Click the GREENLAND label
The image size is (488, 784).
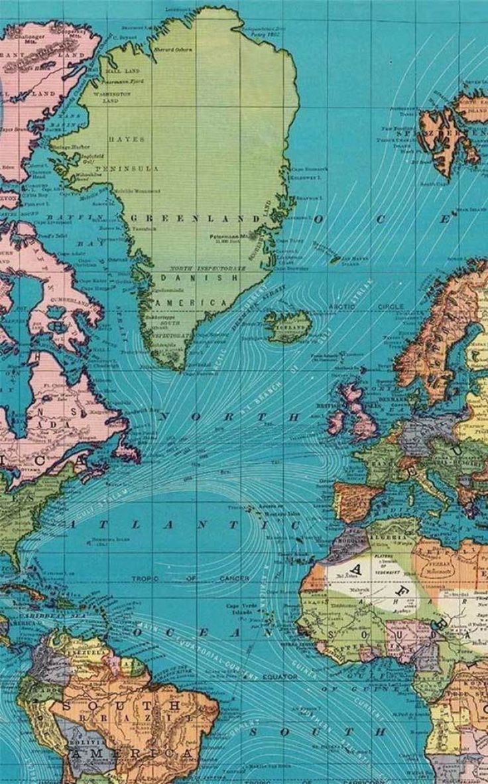point(196,218)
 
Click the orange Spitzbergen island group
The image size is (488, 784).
point(451,133)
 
